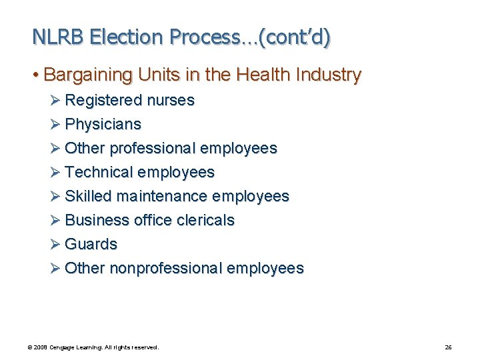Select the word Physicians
tap(103, 125)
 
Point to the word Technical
tap(99, 172)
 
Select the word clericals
tap(206, 220)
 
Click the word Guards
tap(91, 244)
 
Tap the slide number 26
tap(448, 347)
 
